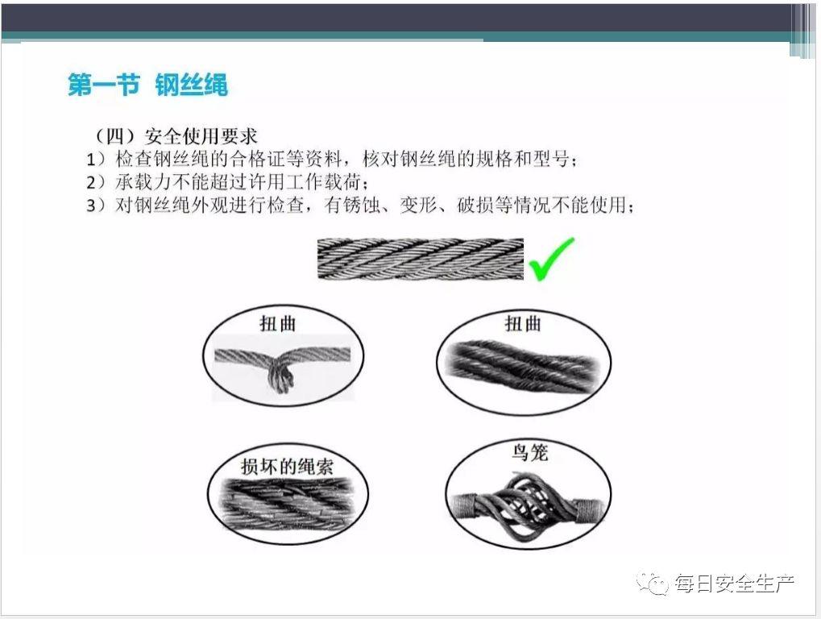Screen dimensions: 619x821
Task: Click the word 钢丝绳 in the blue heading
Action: click(192, 85)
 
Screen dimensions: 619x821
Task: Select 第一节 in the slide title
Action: click(103, 85)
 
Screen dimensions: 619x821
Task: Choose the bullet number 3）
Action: click(97, 205)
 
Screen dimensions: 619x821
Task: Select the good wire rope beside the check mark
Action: click(420, 260)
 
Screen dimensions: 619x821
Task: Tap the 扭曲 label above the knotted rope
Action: click(278, 323)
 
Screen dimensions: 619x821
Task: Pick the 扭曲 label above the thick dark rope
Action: click(523, 323)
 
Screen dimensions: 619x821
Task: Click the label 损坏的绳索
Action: click(287, 466)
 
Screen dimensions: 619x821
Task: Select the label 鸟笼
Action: click(529, 452)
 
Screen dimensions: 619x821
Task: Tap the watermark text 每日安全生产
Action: click(734, 583)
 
